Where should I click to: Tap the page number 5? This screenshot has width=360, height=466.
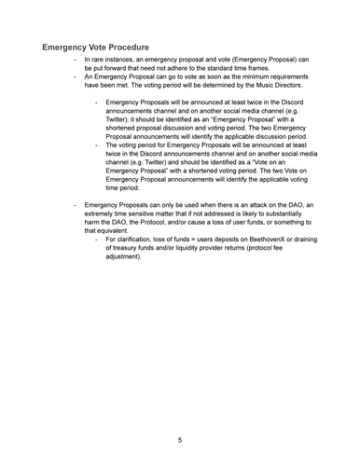click(180, 439)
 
